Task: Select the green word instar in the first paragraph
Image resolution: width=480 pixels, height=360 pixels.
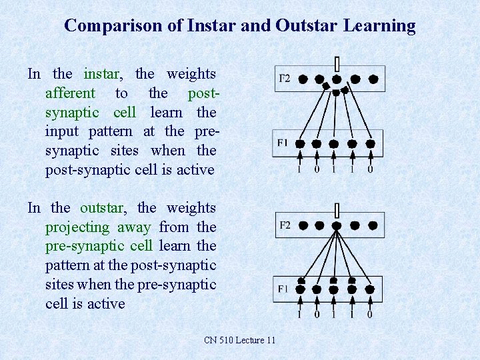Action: coord(102,74)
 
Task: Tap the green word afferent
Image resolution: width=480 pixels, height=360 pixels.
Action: coord(70,93)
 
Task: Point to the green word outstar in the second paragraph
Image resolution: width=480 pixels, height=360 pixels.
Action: coord(101,208)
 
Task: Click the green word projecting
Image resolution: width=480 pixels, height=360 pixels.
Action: coord(77,227)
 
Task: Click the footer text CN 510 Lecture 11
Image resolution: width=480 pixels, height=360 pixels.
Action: coord(239,341)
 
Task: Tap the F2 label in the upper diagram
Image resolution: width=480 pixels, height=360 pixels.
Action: coord(283,79)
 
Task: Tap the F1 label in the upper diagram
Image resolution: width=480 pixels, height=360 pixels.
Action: coord(283,143)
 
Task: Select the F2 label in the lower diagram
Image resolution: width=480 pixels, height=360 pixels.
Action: coord(283,225)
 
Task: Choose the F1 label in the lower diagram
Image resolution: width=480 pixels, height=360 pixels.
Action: coord(283,289)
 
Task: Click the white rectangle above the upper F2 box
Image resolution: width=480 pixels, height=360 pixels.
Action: coord(337,63)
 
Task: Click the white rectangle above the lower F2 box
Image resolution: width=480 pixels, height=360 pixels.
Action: coord(337,211)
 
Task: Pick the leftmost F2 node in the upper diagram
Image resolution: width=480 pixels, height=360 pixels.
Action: coord(303,79)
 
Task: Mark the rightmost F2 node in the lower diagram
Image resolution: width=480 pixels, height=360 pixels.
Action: coord(373,225)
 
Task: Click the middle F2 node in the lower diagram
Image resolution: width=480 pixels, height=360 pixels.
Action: coord(337,225)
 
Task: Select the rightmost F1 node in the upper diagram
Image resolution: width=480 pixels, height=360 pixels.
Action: coord(370,143)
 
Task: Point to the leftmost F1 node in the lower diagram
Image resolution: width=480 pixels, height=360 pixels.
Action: coord(300,289)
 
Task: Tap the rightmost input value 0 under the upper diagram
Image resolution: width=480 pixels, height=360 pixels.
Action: coord(370,169)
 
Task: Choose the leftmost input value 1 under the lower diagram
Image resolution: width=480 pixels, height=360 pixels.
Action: coord(299,314)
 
